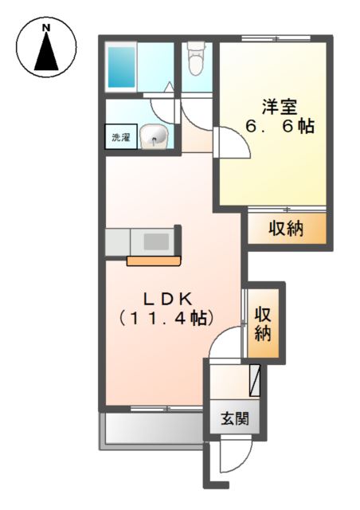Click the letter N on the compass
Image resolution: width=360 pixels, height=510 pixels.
click(x=46, y=29)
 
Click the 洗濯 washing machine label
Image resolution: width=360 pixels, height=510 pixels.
click(x=120, y=137)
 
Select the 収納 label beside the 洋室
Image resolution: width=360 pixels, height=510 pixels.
click(x=285, y=229)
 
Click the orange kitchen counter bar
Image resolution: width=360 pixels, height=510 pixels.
click(x=155, y=259)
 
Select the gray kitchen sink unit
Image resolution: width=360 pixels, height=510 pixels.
click(x=143, y=240)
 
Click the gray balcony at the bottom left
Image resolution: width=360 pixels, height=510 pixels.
click(x=151, y=431)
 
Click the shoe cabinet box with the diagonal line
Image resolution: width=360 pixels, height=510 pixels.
click(x=254, y=380)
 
